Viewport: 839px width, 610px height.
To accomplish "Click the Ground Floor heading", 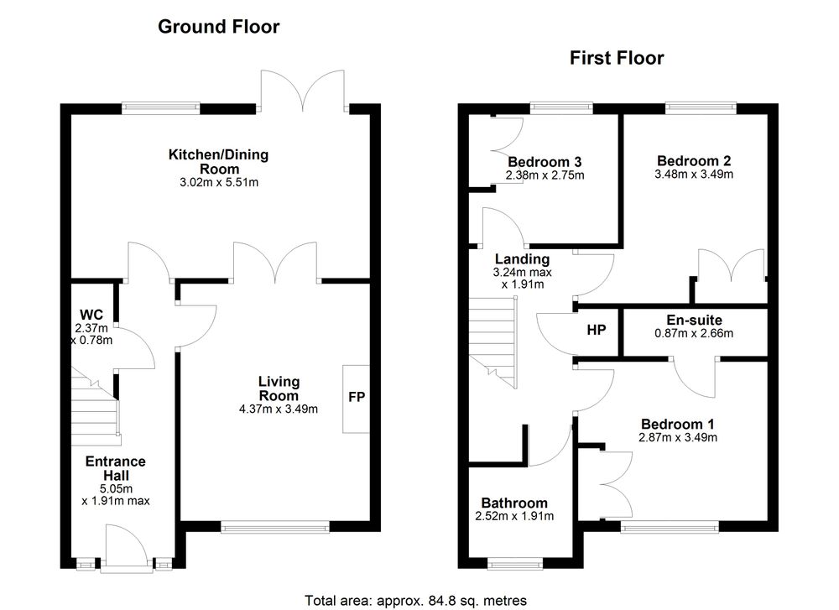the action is pyautogui.click(x=218, y=27).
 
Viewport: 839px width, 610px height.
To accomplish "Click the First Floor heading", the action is pyautogui.click(x=617, y=58).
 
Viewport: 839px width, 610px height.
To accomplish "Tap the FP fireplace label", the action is pyautogui.click(x=357, y=397).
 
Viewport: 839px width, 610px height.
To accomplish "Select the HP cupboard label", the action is pyautogui.click(x=596, y=330).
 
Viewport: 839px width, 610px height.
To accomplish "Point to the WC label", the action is pyautogui.click(x=91, y=315).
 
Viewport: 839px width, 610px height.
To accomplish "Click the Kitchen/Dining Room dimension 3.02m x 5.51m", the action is pyautogui.click(x=219, y=182).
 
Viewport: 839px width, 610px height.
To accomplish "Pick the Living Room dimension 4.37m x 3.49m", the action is pyautogui.click(x=279, y=409).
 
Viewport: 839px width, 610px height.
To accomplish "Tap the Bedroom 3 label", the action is pyautogui.click(x=545, y=162).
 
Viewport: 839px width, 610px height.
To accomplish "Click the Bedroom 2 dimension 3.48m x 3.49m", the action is pyautogui.click(x=694, y=174).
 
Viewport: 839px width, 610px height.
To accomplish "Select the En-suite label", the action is pyautogui.click(x=694, y=320).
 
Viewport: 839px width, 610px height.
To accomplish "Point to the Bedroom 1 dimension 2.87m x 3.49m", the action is pyautogui.click(x=678, y=437).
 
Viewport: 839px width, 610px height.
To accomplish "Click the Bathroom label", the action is pyautogui.click(x=514, y=503).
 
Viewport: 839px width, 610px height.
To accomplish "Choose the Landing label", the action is pyautogui.click(x=522, y=259).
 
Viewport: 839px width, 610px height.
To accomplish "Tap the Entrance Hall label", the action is pyautogui.click(x=116, y=468).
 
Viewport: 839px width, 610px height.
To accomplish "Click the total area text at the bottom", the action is pyautogui.click(x=416, y=601).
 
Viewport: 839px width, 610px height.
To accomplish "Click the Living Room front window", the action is pyautogui.click(x=275, y=527).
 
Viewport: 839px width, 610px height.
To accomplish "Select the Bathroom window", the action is pyautogui.click(x=514, y=563).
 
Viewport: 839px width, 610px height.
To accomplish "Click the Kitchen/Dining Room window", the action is pyautogui.click(x=160, y=108).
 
